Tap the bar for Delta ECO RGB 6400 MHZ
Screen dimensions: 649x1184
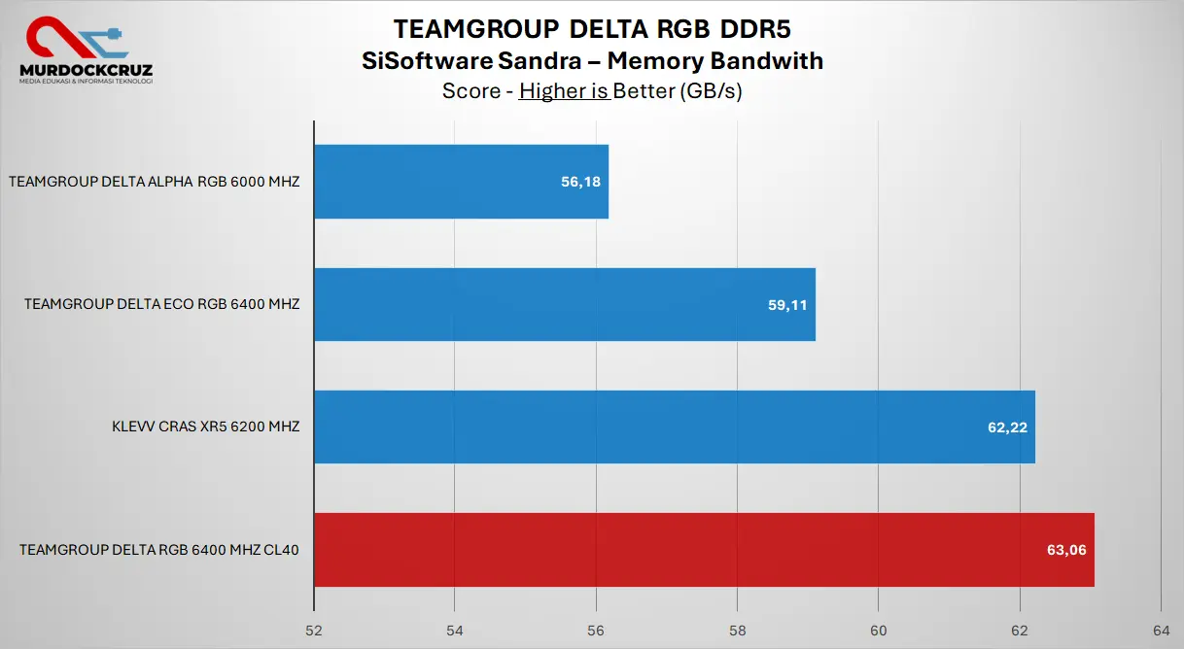(x=564, y=304)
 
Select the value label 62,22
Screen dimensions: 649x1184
(x=1007, y=427)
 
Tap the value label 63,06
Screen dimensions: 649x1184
(x=1066, y=550)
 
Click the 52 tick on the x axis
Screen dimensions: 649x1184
(x=314, y=629)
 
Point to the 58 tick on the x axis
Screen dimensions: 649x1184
(x=737, y=629)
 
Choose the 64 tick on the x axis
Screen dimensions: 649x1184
(x=1160, y=629)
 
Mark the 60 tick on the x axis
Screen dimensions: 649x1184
(x=878, y=629)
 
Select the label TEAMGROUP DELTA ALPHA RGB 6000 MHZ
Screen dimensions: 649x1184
(x=154, y=182)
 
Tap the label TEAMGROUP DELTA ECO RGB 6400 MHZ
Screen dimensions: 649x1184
(x=162, y=304)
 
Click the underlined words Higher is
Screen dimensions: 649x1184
(x=564, y=91)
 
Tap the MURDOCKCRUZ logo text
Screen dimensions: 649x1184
(x=86, y=70)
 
